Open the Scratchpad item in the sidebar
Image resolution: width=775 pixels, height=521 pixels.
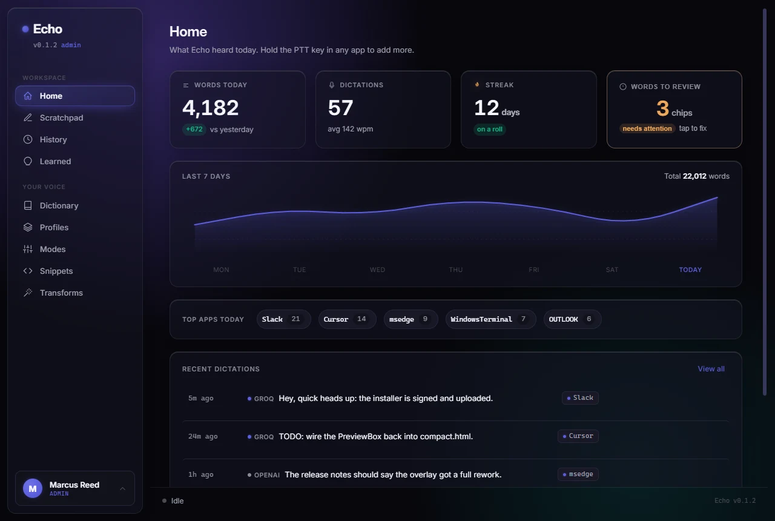[61, 118]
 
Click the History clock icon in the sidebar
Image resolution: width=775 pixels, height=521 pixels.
[28, 139]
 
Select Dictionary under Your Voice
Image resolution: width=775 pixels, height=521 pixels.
[59, 205]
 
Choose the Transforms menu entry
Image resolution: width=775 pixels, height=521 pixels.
[61, 293]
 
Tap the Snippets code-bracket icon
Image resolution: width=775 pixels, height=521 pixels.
[28, 271]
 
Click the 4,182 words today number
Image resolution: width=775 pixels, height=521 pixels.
[210, 108]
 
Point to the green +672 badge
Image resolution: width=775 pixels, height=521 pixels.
[194, 130]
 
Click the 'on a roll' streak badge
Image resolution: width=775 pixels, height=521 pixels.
[490, 130]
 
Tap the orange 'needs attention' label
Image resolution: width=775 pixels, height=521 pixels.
[647, 128]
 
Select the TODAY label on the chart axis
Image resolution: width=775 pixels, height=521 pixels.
[690, 270]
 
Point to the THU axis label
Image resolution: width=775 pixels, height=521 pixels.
[456, 270]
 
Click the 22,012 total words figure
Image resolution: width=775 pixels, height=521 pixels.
[694, 176]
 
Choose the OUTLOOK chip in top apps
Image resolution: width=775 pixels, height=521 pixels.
[572, 319]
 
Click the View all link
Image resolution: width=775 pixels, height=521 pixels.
[711, 369]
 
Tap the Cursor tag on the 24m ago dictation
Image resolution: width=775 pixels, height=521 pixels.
[578, 436]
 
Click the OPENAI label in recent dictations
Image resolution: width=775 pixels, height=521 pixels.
[267, 475]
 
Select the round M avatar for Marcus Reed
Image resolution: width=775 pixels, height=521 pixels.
[33, 488]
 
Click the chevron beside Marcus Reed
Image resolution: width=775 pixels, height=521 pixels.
[122, 489]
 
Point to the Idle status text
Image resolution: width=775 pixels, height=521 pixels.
[177, 501]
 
